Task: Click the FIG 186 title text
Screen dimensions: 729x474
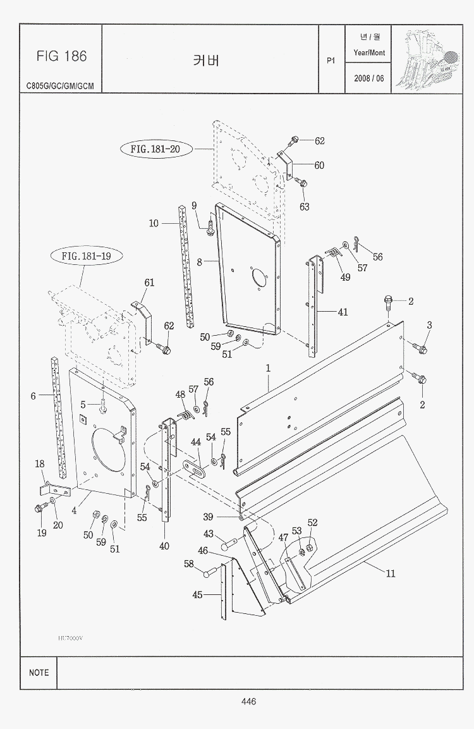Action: [61, 56]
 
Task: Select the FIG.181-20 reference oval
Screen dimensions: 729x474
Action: [155, 149]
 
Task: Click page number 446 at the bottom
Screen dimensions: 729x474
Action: [248, 701]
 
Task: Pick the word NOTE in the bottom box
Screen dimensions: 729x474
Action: [39, 673]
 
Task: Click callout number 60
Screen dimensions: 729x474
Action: [319, 166]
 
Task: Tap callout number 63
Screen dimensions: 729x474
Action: [305, 207]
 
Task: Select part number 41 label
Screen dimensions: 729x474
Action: [343, 312]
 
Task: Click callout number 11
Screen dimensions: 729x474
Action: [391, 573]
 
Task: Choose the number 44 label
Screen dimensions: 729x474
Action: [196, 443]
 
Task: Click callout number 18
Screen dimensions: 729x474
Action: [40, 464]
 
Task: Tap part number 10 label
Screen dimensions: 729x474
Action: [154, 223]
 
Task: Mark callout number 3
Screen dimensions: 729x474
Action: [429, 325]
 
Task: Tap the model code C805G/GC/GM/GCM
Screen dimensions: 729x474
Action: [60, 85]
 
